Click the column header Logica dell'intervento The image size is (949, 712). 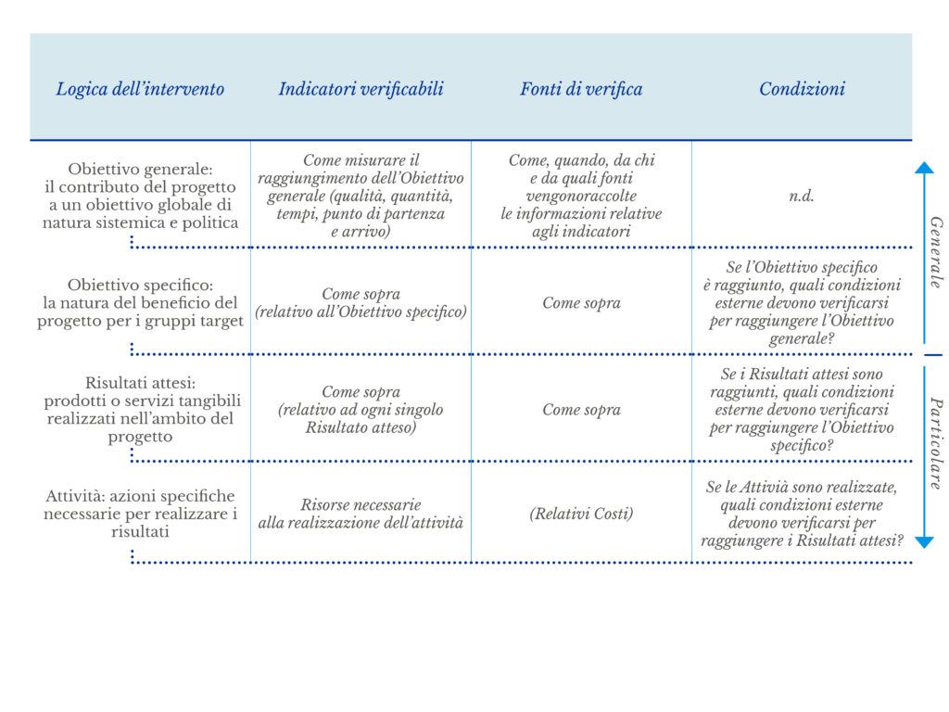[140, 89]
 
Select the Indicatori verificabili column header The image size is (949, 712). [361, 89]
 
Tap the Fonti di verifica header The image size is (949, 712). [581, 89]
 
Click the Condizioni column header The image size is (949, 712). [802, 89]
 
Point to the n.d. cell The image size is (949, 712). [802, 197]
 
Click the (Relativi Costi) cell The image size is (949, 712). [581, 513]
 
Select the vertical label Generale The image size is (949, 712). [936, 252]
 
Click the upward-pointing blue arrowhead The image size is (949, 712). [924, 168]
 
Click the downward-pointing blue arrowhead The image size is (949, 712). [924, 541]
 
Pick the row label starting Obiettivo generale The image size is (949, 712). [140, 196]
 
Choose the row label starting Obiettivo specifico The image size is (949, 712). [140, 302]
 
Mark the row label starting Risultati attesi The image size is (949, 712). [140, 409]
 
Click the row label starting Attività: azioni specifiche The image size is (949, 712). [140, 514]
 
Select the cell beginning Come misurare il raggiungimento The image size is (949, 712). [361, 196]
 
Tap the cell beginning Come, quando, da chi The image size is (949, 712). [581, 196]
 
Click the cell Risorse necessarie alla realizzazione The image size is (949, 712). [361, 514]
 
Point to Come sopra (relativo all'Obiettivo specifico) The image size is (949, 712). [361, 303]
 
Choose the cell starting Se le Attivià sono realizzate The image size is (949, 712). [802, 514]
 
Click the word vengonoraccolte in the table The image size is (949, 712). [581, 197]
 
